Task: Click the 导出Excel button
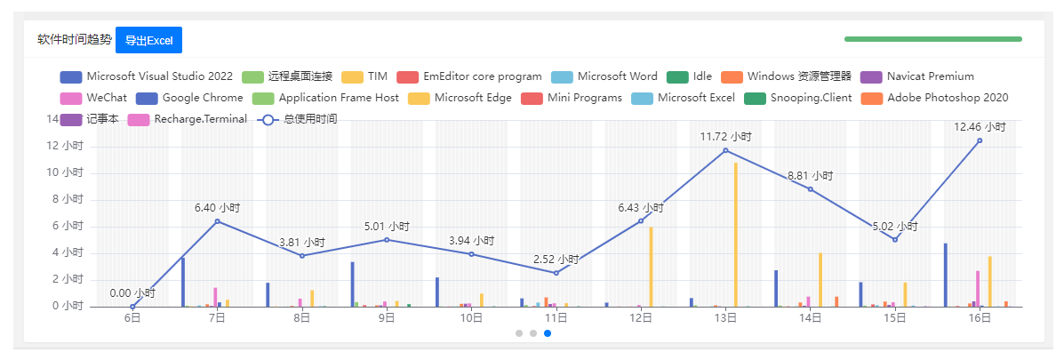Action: point(148,40)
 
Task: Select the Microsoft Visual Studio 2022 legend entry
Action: point(147,76)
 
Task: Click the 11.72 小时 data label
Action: point(725,137)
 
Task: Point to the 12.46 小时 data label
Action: point(980,127)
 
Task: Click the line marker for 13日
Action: point(725,150)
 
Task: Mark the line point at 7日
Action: point(217,221)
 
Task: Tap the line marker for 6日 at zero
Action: point(132,307)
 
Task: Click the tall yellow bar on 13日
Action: point(736,235)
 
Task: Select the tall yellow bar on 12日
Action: point(652,267)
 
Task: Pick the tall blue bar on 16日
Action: point(946,275)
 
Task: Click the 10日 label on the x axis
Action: point(471,319)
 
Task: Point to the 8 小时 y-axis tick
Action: point(68,199)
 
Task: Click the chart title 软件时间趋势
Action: point(75,40)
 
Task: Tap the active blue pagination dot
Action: point(548,333)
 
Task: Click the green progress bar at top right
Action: point(932,39)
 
